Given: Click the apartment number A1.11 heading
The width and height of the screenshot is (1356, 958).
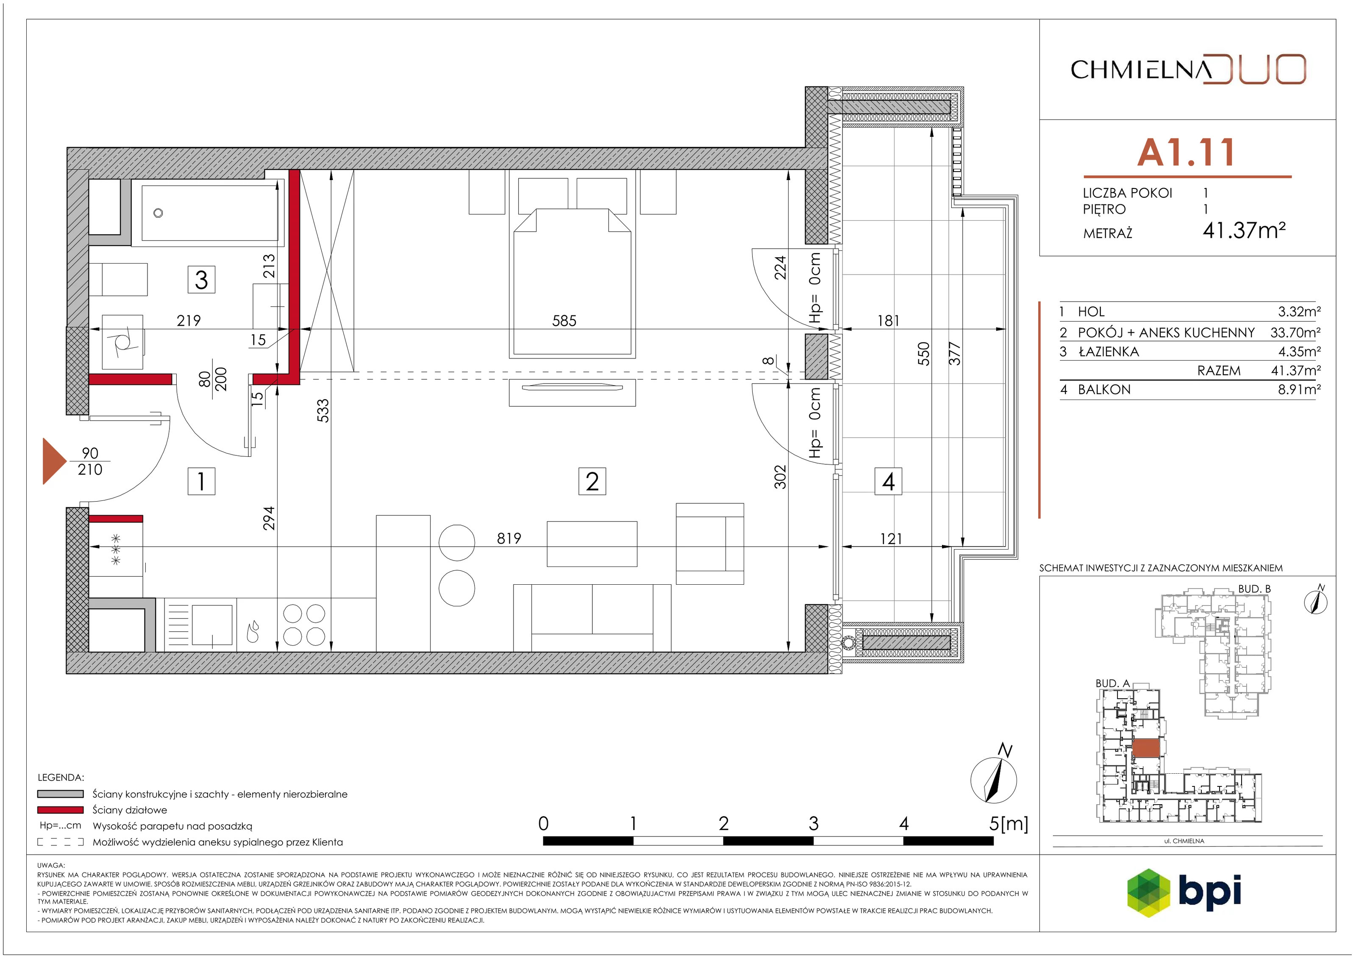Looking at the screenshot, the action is click(1186, 153).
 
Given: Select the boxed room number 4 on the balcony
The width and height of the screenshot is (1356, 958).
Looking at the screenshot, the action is click(888, 481).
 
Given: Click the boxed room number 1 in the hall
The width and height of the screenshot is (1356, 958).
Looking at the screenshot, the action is click(201, 481).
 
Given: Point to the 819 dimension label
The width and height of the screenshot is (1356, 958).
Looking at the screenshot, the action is click(509, 538).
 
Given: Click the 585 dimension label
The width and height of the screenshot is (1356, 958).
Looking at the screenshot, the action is click(564, 321).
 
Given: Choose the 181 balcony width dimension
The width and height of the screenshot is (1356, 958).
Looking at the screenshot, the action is click(888, 321).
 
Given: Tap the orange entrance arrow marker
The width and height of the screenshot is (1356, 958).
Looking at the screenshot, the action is click(54, 461).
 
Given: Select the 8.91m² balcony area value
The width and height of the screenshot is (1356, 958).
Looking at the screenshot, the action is click(1299, 389).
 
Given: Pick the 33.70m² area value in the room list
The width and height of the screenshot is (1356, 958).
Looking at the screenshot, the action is click(1295, 333).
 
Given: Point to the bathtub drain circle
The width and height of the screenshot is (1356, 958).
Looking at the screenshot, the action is click(158, 213).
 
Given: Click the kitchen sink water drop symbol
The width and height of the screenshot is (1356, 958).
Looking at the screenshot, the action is click(253, 631).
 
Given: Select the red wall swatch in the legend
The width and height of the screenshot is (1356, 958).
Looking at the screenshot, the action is click(60, 810).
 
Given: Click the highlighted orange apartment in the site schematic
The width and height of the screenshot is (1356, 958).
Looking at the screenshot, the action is click(1146, 748).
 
